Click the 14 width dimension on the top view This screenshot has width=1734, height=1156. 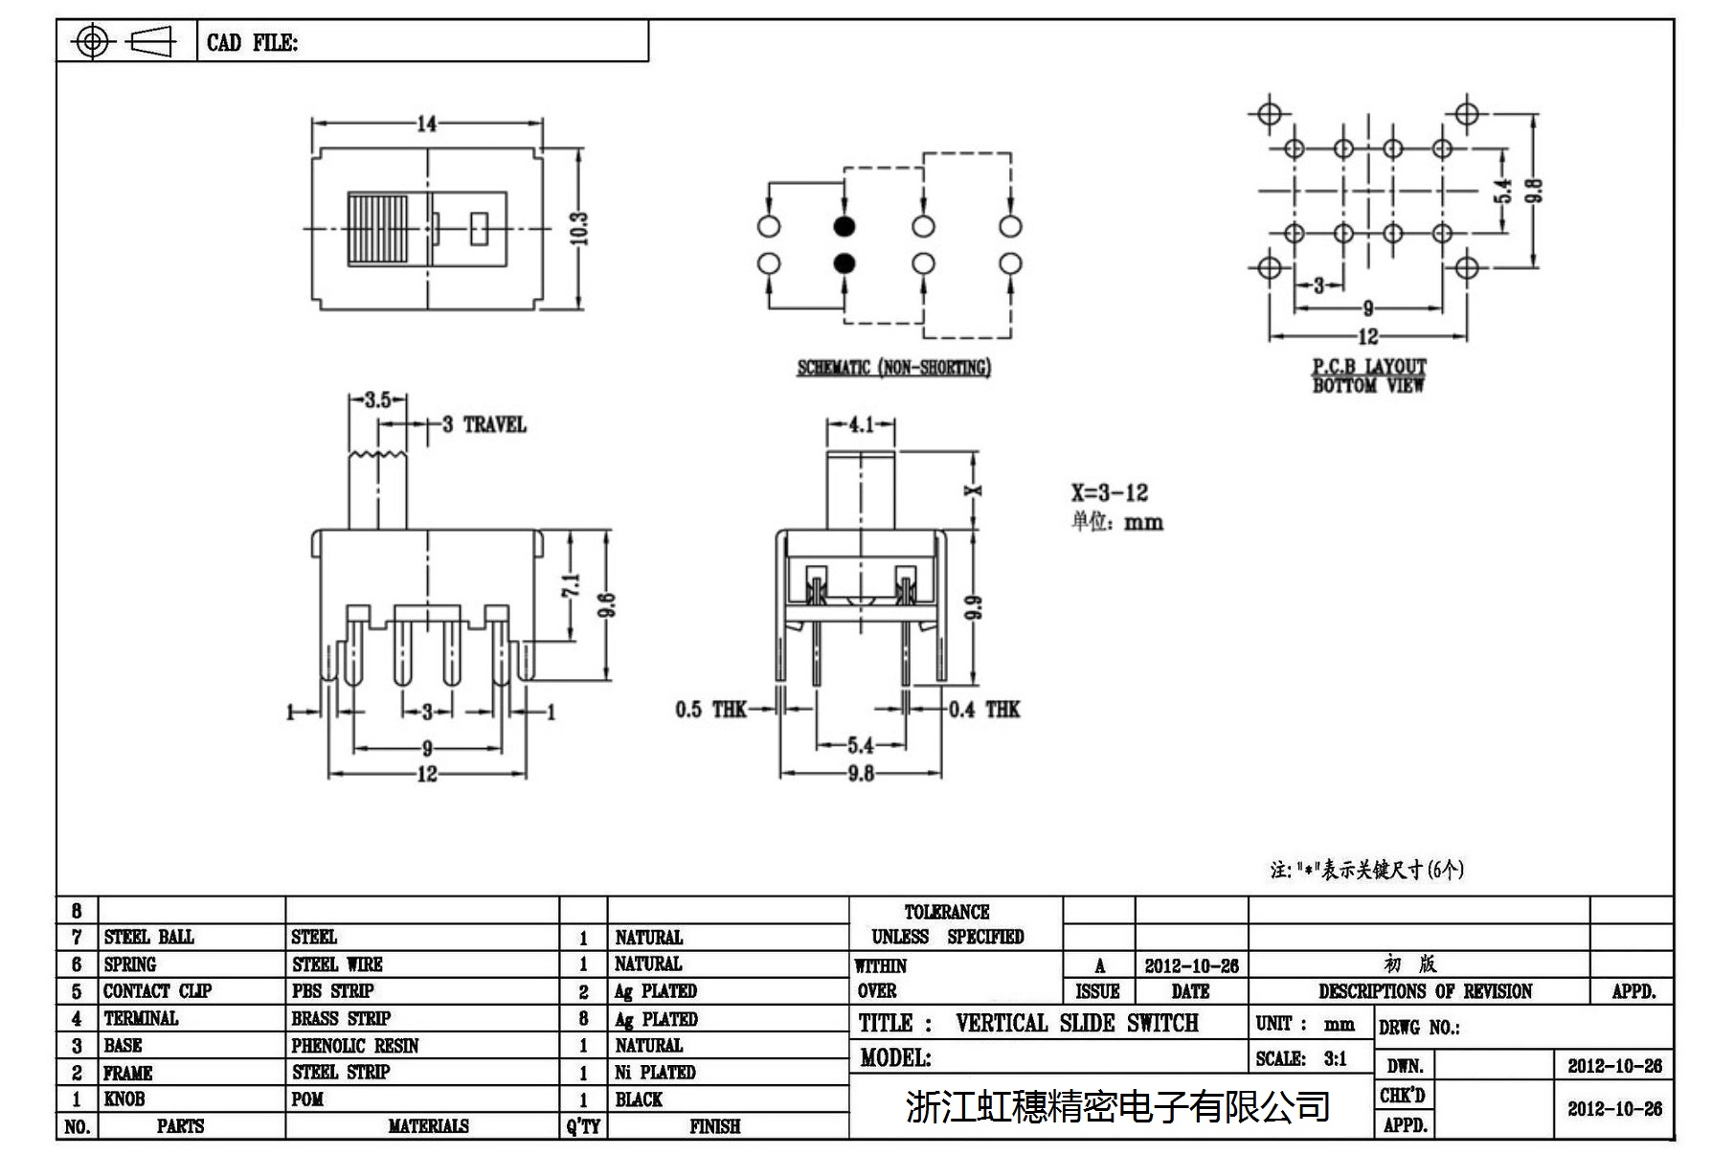coord(426,124)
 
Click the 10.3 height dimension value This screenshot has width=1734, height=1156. coord(578,228)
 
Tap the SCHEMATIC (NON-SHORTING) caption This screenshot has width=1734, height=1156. coord(893,368)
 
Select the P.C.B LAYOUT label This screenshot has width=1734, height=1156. coord(1368,366)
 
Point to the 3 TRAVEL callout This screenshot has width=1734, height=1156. coord(484,424)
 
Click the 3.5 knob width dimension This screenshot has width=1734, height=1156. coord(377,399)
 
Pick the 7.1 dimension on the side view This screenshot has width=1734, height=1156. coord(571,586)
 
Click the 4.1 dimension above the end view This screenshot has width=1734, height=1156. coord(861,423)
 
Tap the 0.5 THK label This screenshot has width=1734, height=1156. coord(710,710)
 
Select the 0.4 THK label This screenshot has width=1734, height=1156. coord(984,710)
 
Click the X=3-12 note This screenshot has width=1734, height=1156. coord(1109,493)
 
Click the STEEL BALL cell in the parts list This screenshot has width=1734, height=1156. coord(148,937)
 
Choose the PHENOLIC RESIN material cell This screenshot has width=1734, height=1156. coord(355,1046)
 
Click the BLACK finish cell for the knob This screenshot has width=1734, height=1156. coord(639,1099)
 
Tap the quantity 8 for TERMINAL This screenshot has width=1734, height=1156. coord(583,1019)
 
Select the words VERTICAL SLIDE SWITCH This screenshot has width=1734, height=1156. coord(1076,1023)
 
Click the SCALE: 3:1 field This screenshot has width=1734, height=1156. coord(1301,1058)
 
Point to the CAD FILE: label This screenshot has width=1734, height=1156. coord(252,43)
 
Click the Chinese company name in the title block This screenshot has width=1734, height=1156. coord(1116,1106)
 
